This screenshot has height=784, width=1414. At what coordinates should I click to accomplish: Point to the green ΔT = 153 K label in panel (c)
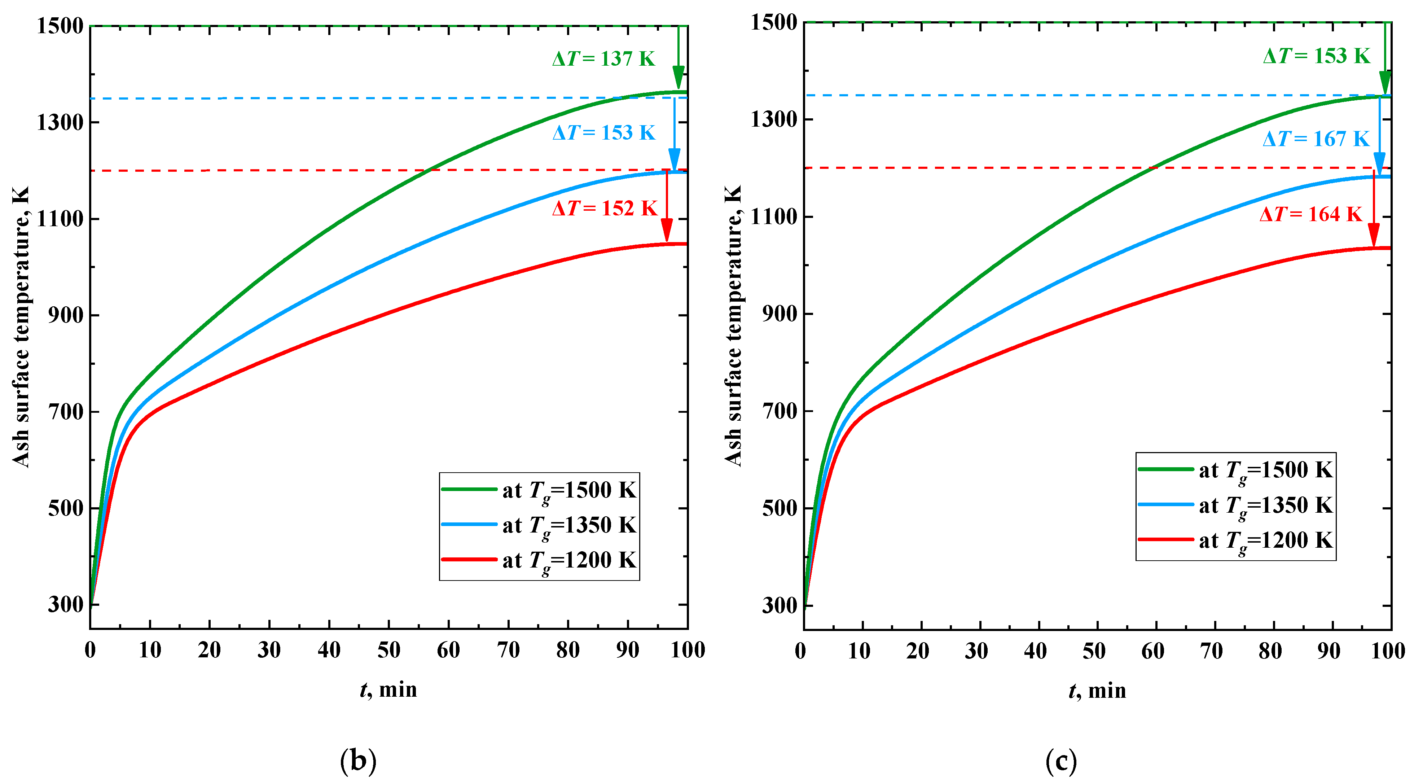coord(1316,56)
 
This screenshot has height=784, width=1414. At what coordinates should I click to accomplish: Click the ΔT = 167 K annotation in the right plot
coord(1316,139)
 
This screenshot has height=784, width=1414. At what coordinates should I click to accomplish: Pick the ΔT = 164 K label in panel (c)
coord(1311,214)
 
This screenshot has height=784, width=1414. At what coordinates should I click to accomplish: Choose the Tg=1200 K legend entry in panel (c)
coord(1235,540)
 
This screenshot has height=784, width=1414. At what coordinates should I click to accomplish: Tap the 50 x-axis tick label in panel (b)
coord(388,650)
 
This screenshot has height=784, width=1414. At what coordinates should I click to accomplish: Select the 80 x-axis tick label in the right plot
coord(1270,651)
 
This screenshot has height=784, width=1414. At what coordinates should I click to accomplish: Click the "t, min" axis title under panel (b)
coord(388,689)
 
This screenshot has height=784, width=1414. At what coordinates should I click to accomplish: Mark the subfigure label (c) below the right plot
coord(1061,761)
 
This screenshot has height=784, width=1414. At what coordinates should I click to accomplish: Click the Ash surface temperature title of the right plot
coord(733,326)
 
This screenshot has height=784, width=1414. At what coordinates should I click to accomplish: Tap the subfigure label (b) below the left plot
coord(358,761)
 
